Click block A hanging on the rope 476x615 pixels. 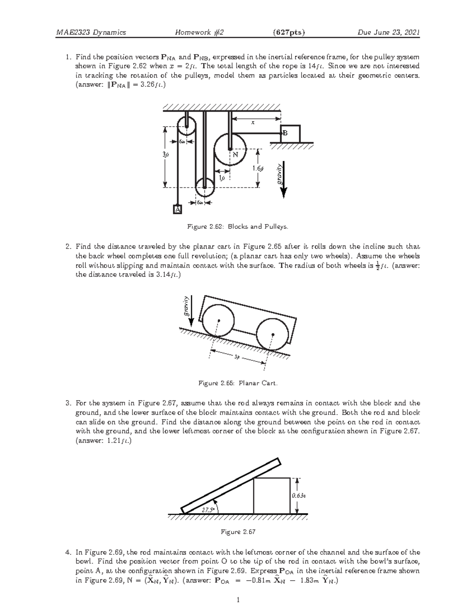click(177, 209)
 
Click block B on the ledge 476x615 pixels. click(290, 134)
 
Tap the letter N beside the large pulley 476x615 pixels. click(235, 154)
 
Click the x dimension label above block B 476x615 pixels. click(251, 123)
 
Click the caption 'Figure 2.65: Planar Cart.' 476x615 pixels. click(238, 383)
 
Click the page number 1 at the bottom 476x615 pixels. click(238, 600)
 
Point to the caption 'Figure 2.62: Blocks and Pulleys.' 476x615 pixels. click(238, 227)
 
